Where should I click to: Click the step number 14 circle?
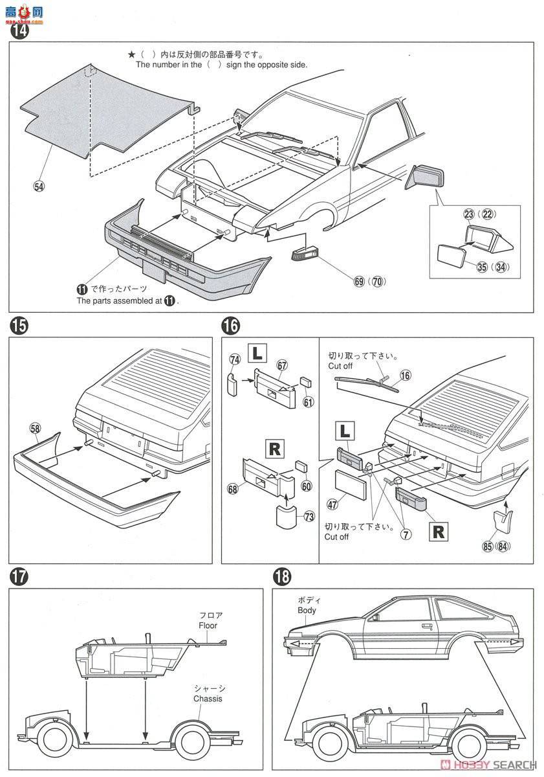(x=20, y=31)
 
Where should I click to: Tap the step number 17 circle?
(x=18, y=576)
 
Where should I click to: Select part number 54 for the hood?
(x=39, y=186)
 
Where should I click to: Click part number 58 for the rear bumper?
(x=35, y=429)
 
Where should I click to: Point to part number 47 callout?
(x=332, y=504)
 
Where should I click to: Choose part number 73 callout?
(x=309, y=517)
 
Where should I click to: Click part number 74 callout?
(x=235, y=359)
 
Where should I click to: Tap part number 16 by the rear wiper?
(x=405, y=376)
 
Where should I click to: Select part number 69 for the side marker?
(x=359, y=281)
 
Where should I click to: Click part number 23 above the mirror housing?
(x=469, y=214)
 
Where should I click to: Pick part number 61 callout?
(x=308, y=402)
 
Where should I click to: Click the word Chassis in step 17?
(x=208, y=699)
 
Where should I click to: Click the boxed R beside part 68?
(x=274, y=450)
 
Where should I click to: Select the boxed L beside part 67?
(x=257, y=353)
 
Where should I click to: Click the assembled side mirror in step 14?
(x=425, y=177)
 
